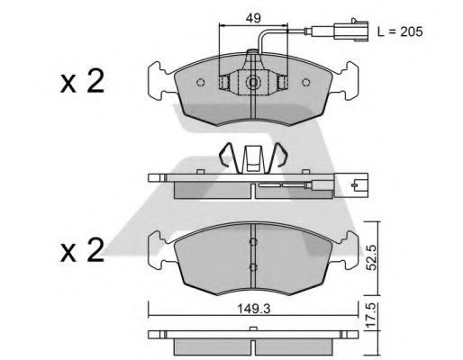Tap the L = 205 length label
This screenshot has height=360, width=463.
click(x=397, y=31)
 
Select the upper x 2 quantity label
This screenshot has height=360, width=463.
click(x=83, y=84)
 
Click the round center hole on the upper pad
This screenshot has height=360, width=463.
click(x=254, y=85)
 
